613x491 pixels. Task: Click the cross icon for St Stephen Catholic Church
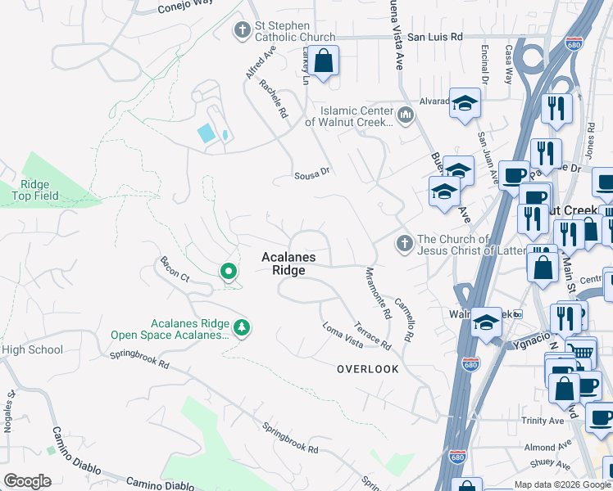(x=242, y=31)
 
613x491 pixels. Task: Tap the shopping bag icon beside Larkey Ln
(x=325, y=61)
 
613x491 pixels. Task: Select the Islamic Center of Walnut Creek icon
(x=405, y=116)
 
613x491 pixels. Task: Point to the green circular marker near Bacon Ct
(x=229, y=272)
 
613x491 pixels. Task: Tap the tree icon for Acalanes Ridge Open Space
(x=241, y=328)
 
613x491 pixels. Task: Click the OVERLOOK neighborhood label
(x=368, y=369)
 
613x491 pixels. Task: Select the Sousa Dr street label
(x=311, y=173)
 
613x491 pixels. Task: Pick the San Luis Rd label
(x=435, y=37)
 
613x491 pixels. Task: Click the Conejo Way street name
(x=184, y=6)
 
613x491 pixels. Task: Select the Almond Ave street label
(x=543, y=448)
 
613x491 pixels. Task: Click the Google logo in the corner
(x=28, y=481)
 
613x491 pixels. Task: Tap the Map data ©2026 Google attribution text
(x=562, y=484)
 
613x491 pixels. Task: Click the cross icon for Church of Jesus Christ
(x=403, y=244)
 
